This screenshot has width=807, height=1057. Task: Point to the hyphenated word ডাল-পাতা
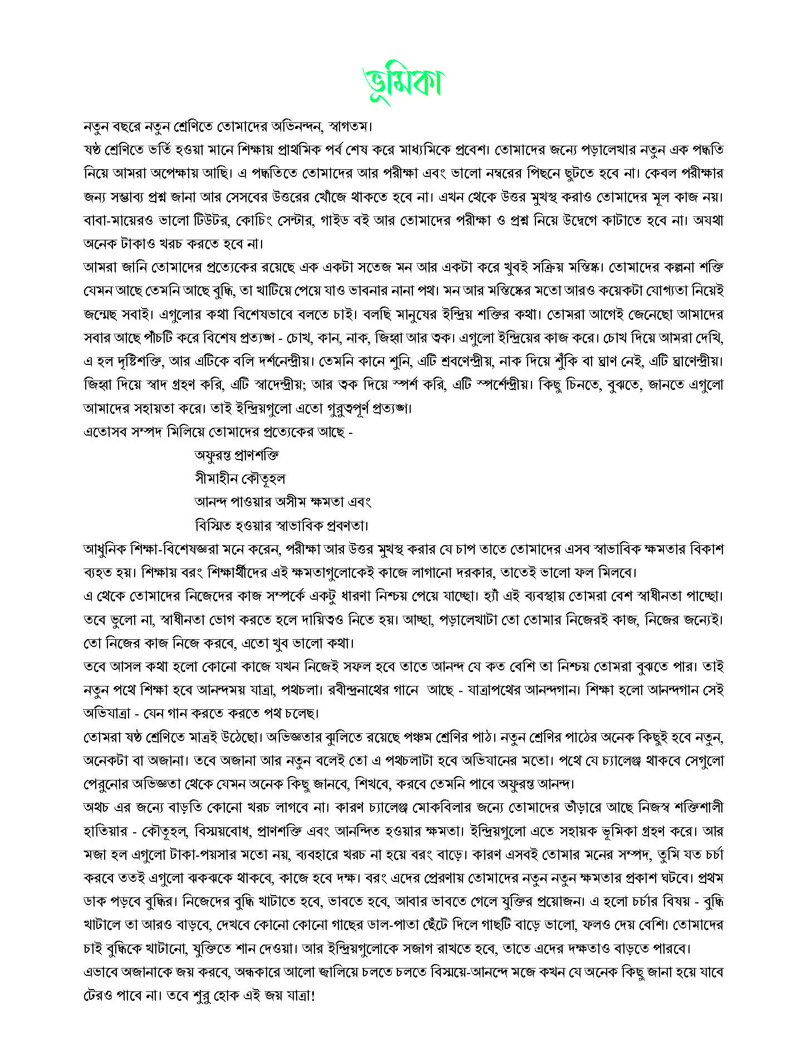point(394,926)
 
